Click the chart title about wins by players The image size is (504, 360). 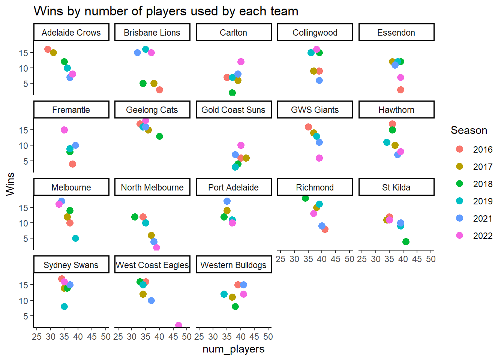166,11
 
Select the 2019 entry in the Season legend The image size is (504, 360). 482,201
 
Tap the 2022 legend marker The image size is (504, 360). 459,235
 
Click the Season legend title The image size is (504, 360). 469,130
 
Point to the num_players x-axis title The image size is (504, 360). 233,349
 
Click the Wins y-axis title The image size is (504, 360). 10,184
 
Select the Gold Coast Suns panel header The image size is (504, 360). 233,110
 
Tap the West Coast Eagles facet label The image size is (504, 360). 152,265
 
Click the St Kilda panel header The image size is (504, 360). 396,187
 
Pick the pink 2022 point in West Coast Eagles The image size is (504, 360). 178,325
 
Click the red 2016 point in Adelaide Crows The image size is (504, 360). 48,49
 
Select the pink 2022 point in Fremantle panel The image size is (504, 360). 64,130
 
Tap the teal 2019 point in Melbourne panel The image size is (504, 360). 75,238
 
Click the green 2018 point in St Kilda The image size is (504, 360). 406,241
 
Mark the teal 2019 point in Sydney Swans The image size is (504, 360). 64,307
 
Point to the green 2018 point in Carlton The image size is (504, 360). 232,93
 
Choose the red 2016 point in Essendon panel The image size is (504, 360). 400,90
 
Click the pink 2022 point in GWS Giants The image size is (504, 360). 319,158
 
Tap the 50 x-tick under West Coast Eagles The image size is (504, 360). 187,337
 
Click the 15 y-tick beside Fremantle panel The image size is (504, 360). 24,130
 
